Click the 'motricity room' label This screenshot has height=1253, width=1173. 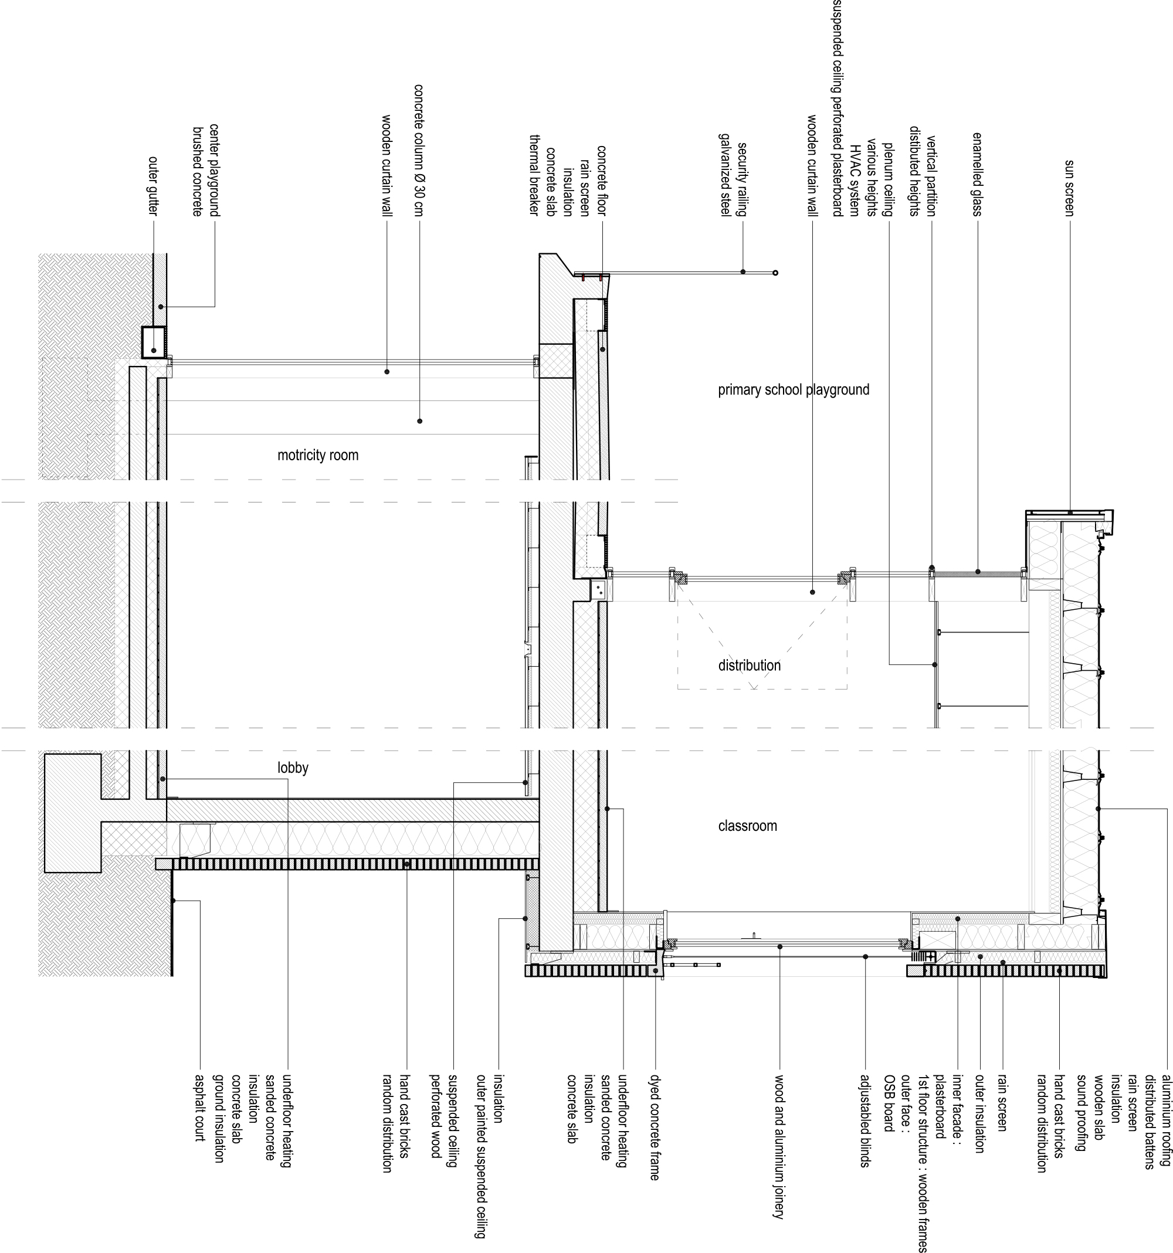click(318, 455)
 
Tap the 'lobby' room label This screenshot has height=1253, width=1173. click(293, 768)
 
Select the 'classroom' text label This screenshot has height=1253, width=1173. click(748, 826)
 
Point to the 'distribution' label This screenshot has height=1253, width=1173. click(749, 665)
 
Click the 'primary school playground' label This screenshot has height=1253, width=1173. click(794, 389)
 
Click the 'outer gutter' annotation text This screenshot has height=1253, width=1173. click(153, 186)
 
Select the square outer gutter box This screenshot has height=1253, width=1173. click(153, 342)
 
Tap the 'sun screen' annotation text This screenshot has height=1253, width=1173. click(1070, 188)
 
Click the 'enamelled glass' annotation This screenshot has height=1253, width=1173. click(978, 175)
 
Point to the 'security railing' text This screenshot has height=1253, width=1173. click(743, 179)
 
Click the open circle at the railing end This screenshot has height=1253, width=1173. click(775, 273)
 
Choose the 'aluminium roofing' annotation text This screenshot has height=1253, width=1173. click(1167, 1116)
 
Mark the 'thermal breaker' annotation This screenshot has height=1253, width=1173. click(533, 176)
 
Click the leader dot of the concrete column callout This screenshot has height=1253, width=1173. click(420, 420)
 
